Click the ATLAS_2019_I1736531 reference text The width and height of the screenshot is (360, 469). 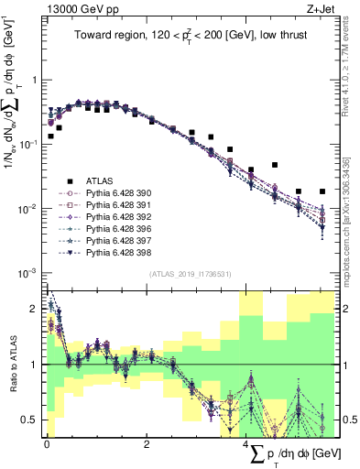[x=190, y=274]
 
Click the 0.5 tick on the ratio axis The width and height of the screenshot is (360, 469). [x=34, y=420]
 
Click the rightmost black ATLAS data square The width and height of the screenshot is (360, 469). [x=322, y=191]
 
